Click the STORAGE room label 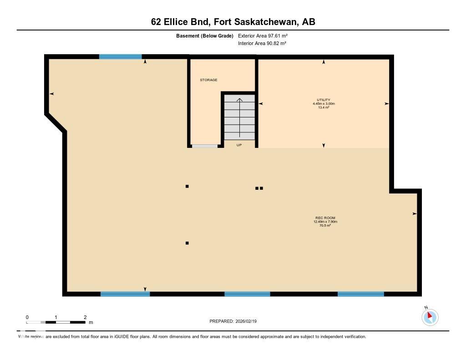point(208,80)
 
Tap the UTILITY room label point(324,100)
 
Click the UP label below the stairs point(239,145)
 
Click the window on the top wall point(121,56)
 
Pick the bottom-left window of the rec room point(125,294)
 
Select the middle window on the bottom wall point(247,294)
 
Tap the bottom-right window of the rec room point(361,294)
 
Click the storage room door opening point(205,146)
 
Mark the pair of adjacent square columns point(259,188)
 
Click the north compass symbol point(430,317)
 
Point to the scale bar point(56,322)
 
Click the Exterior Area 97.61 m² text point(263,35)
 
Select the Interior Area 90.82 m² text point(262,43)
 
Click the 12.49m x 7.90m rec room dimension point(325,222)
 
